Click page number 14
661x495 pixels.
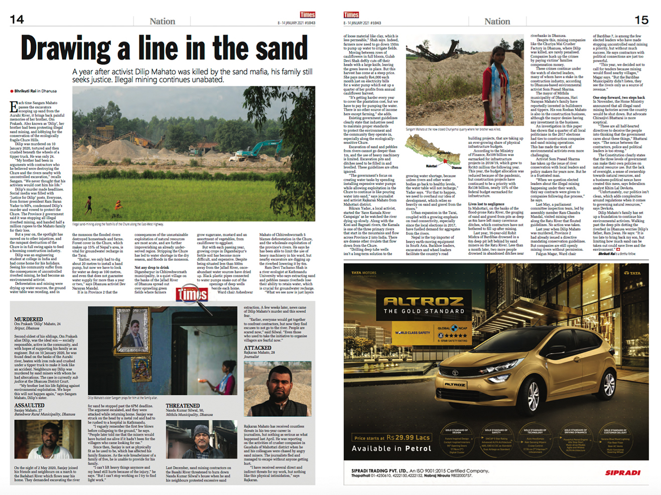17,20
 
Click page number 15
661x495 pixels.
641,20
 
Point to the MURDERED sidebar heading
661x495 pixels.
29,319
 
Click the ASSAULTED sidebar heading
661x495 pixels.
30,405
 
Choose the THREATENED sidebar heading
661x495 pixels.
183,406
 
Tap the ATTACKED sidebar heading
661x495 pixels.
257,348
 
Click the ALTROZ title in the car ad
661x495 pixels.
424,301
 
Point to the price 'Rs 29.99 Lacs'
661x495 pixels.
408,437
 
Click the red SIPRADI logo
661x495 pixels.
622,472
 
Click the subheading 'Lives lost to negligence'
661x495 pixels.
486,204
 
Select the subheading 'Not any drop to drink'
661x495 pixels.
152,267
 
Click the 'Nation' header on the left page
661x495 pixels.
162,22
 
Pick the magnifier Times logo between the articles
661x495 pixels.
192,294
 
